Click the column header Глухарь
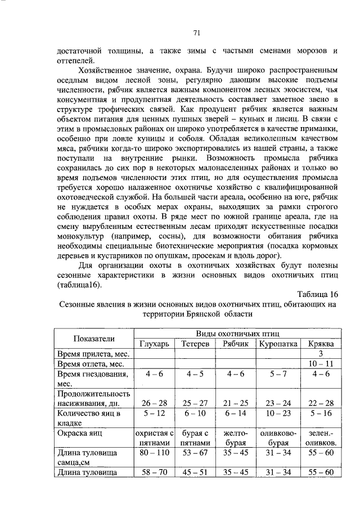(154, 344)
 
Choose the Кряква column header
(320, 344)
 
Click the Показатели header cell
(93, 338)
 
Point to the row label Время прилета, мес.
(93, 354)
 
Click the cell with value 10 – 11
(320, 364)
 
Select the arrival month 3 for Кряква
(320, 354)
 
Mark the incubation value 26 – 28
(154, 403)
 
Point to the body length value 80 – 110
(154, 453)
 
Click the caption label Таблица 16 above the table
(316, 294)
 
